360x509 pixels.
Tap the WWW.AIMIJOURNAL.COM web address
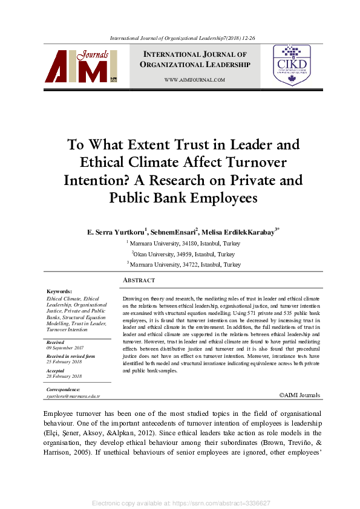tap(195, 80)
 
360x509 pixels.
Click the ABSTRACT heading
tap(139, 280)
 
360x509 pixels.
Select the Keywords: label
tap(59, 291)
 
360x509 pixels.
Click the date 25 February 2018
tap(65, 362)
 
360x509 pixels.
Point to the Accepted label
tap(55, 371)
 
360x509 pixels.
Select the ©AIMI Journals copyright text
tap(300, 395)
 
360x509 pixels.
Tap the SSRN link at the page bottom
tap(180, 503)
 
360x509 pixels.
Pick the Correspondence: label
tap(63, 389)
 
